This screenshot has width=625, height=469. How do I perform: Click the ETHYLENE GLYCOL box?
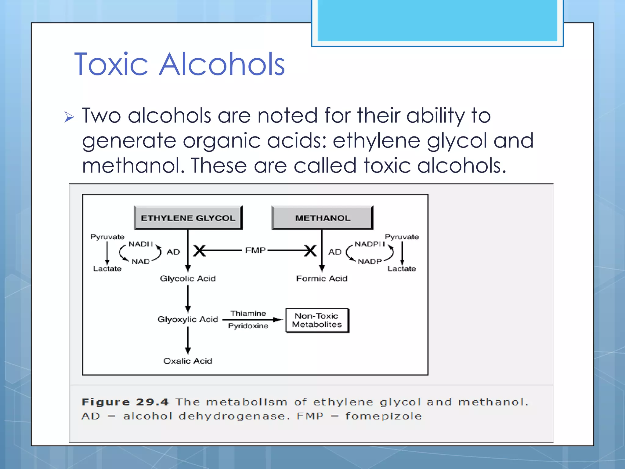pyautogui.click(x=188, y=218)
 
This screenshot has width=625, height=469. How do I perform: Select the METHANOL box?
pyautogui.click(x=322, y=218)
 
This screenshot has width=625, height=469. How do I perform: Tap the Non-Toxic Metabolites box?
pyautogui.click(x=317, y=320)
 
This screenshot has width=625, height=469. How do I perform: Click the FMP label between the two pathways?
pyautogui.click(x=255, y=250)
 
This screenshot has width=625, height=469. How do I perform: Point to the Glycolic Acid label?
pyautogui.click(x=188, y=278)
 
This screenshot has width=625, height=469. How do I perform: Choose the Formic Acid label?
pyautogui.click(x=322, y=278)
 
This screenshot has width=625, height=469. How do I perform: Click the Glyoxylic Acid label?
pyautogui.click(x=188, y=319)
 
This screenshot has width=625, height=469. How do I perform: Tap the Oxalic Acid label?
pyautogui.click(x=188, y=361)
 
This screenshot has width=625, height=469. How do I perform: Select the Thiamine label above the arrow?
pyautogui.click(x=248, y=313)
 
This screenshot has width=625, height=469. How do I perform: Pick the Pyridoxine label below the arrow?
pyautogui.click(x=248, y=326)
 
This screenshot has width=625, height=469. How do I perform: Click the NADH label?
pyautogui.click(x=140, y=244)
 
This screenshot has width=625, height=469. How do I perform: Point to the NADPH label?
pyautogui.click(x=370, y=244)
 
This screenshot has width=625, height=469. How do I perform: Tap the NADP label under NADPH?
pyautogui.click(x=370, y=261)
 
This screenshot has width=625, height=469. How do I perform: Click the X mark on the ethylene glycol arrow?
pyautogui.click(x=200, y=251)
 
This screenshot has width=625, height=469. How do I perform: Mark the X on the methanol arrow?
pyautogui.click(x=310, y=251)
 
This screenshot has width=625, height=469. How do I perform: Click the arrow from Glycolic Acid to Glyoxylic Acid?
pyautogui.click(x=188, y=299)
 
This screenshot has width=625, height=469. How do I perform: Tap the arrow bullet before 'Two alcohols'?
pyautogui.click(x=69, y=117)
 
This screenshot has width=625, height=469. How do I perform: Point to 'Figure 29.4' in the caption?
pyautogui.click(x=125, y=402)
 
